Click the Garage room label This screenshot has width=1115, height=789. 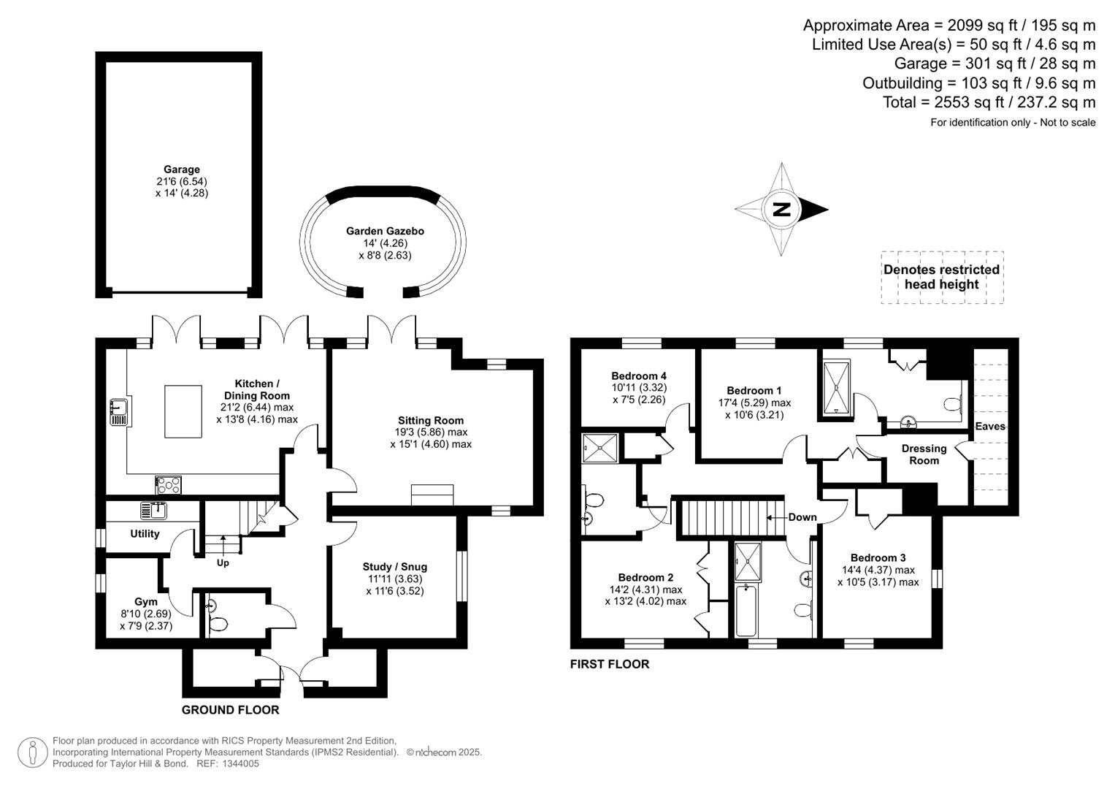pos(182,169)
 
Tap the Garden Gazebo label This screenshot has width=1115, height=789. pos(385,231)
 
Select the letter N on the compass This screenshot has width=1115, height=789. pos(781,210)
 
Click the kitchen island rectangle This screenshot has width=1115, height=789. pos(183,411)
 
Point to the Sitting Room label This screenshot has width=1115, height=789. pos(431,420)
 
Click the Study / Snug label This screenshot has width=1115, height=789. pos(394,566)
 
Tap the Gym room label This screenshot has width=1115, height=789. pos(146,602)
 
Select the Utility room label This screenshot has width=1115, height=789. pos(145,533)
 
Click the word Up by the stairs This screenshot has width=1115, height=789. pos(223,563)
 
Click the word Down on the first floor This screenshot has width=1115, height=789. pos(802,517)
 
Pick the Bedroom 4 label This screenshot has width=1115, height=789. pos(639,376)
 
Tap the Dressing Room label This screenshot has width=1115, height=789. pos(924,454)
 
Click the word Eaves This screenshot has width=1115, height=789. pos(990,426)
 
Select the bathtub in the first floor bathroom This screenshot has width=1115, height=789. pos(746,610)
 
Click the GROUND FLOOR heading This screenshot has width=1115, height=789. pos(230,709)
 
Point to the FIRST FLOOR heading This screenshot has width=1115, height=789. pos(610,664)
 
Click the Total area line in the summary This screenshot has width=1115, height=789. pos(989,102)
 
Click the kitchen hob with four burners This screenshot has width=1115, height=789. pos(169,484)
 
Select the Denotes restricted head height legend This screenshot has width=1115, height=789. pos(941,277)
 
